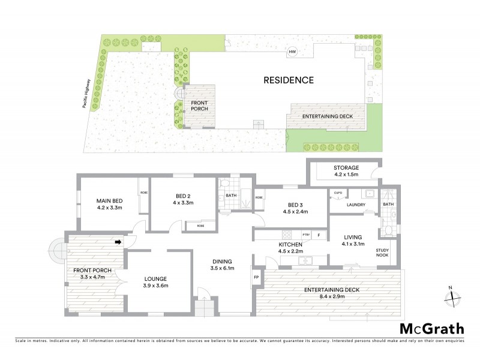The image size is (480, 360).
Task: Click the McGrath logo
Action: point(431,328)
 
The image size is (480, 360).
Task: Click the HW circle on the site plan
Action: point(293,52)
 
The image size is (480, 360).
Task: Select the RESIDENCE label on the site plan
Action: point(289,80)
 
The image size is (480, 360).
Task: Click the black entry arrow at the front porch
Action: point(118,242)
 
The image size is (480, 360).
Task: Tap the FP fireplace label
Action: point(257,278)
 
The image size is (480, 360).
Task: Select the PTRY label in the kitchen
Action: point(305,235)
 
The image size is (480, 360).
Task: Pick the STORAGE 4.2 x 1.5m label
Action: point(346,172)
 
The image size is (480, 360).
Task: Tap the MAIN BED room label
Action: point(110,205)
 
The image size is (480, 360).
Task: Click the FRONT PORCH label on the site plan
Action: point(199,106)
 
